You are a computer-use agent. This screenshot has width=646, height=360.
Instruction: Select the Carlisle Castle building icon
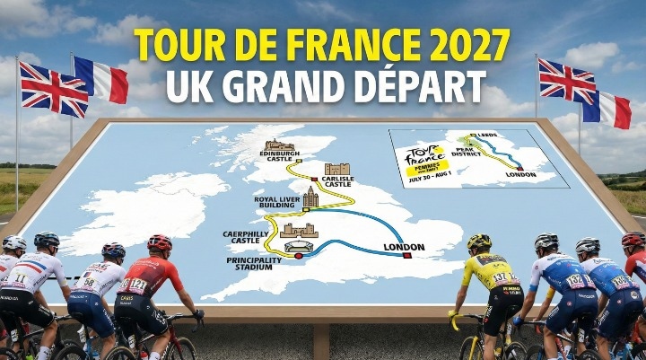tap(338, 169)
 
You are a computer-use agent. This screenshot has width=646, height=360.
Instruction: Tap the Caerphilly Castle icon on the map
tap(300, 229)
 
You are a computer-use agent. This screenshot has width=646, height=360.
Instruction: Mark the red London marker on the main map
tap(407, 256)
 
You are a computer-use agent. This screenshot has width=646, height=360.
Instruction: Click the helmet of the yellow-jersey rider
tap(478, 242)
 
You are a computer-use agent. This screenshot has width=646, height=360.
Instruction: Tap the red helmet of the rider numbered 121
tap(160, 242)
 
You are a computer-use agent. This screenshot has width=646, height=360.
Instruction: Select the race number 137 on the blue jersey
tap(574, 280)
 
